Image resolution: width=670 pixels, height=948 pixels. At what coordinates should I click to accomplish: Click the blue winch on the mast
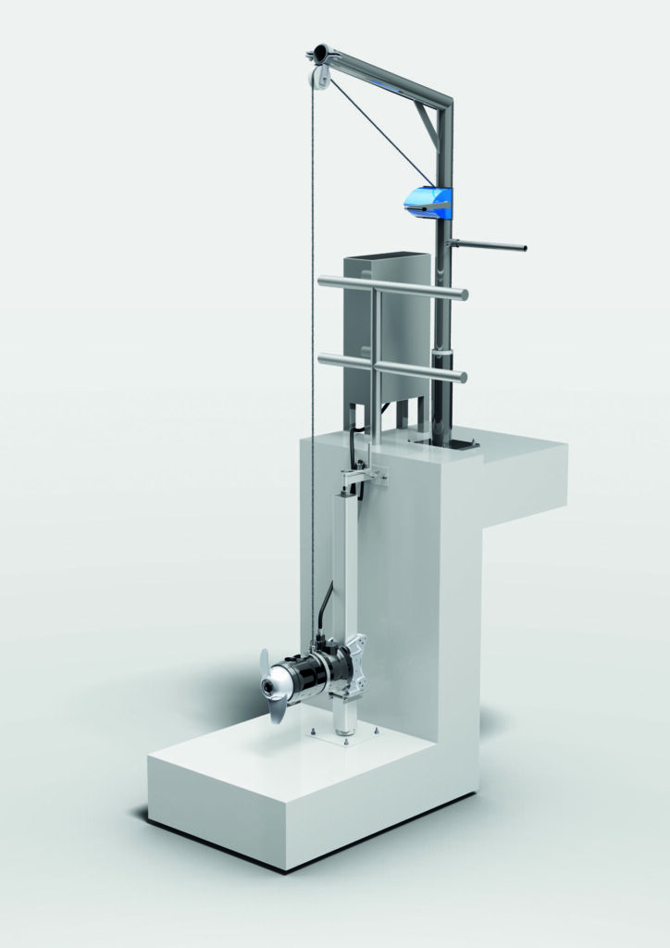pyautogui.click(x=427, y=200)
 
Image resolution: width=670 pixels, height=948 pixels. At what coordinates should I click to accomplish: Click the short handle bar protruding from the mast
pyautogui.click(x=490, y=246)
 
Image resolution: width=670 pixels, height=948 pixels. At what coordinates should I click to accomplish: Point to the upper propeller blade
pyautogui.click(x=265, y=663)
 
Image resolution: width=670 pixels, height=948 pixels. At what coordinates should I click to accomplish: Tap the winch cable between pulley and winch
pyautogui.click(x=379, y=130)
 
